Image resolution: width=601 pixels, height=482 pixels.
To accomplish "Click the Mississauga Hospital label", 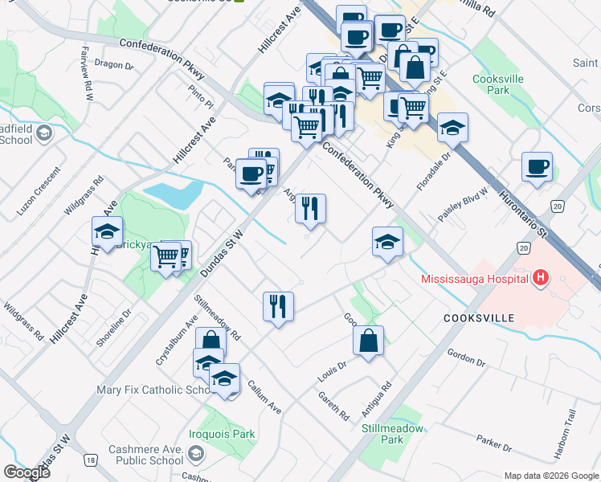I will pos(475,280).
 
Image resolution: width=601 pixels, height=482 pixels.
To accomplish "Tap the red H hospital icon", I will pos(541,279).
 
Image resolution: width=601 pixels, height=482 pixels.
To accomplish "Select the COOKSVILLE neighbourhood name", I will pos(478,318).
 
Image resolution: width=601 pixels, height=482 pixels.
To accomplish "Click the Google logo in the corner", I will pos(27,472).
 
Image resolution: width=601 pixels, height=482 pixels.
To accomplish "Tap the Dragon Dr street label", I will pos(114,64).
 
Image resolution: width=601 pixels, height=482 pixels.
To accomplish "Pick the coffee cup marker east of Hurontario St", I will pos(537,168).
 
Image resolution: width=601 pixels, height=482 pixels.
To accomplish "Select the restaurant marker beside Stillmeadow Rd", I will pos(278,307).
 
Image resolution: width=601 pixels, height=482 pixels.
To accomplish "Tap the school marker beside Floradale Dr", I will pos(452,128).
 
